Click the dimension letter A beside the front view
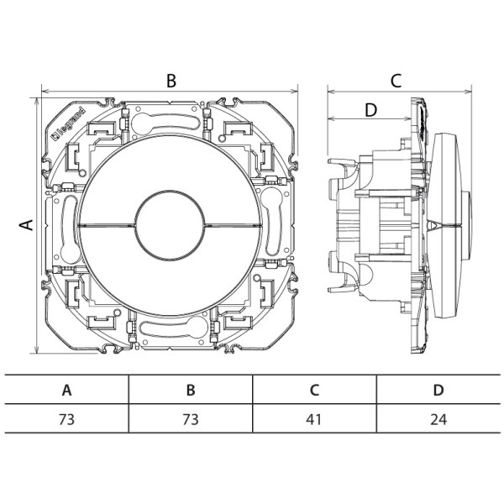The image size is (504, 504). tap(26, 224)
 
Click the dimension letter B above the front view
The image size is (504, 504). tap(171, 81)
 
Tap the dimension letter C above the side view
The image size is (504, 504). tap(396, 81)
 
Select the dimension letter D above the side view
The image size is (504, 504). tap(371, 110)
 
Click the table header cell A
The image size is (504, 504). tap(66, 390)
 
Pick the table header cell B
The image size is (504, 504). tap(191, 390)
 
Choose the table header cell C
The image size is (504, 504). tap(314, 390)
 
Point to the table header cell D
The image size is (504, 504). tap(438, 390)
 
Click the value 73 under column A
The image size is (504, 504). tap(66, 419)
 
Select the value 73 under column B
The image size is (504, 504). tap(191, 419)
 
